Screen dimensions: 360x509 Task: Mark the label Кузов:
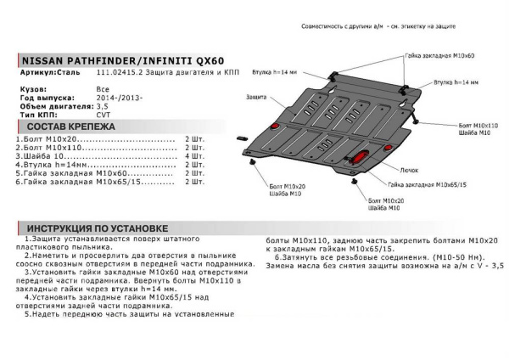pyautogui.click(x=33, y=88)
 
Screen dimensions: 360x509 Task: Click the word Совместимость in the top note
pyautogui.click(x=325, y=28)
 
